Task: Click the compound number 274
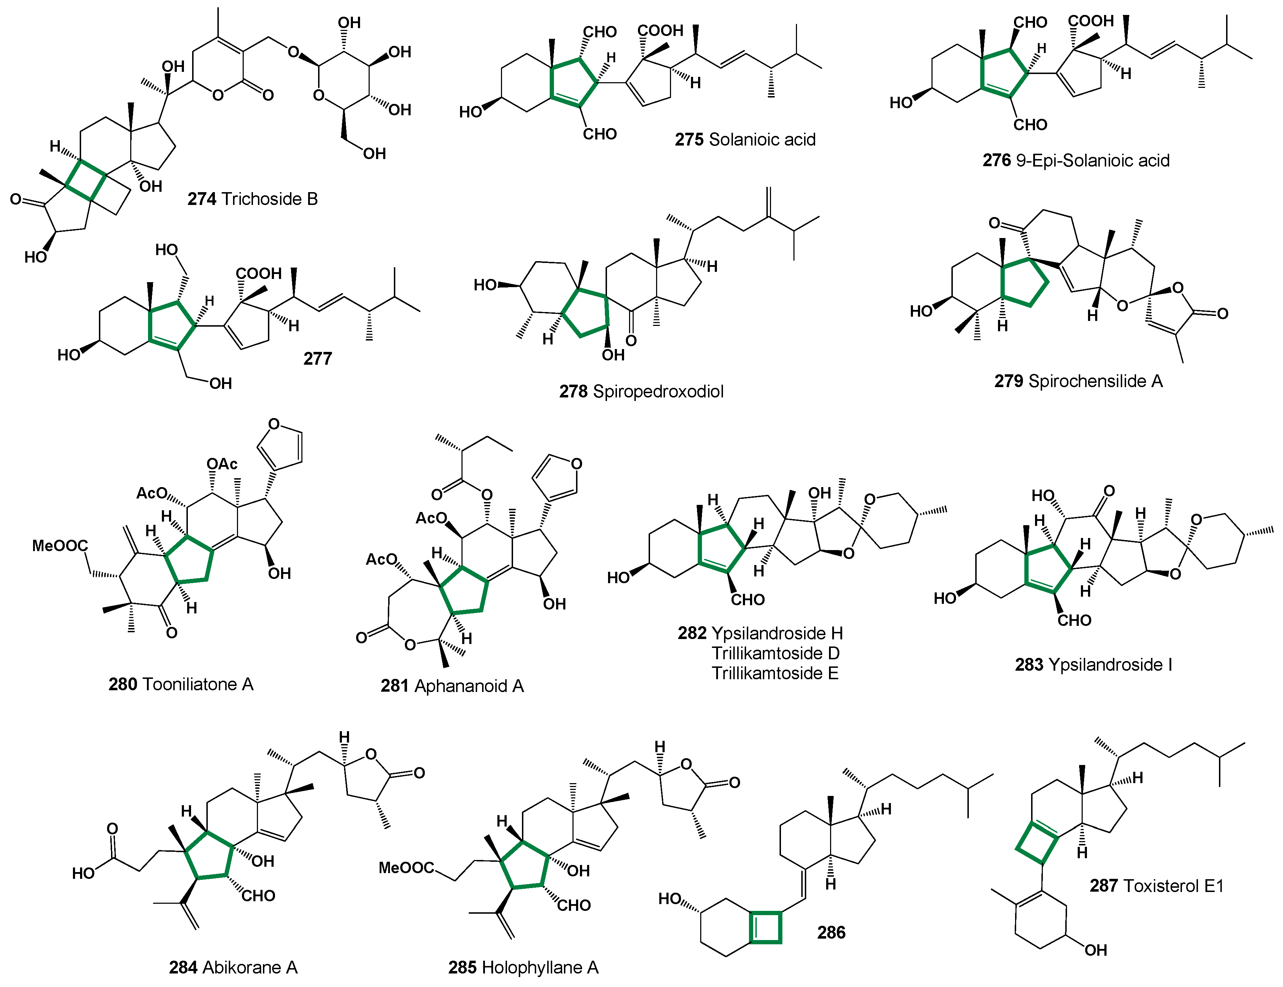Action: [201, 199]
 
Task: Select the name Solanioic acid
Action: [762, 140]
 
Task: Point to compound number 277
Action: [318, 358]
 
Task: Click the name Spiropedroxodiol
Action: [658, 391]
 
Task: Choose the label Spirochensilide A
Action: [1095, 381]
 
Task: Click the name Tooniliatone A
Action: [198, 685]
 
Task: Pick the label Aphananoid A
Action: [469, 686]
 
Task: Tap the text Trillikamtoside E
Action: [775, 673]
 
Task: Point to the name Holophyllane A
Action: [539, 968]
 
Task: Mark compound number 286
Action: [831, 932]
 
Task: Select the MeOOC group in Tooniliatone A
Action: [59, 546]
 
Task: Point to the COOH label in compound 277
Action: [258, 274]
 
